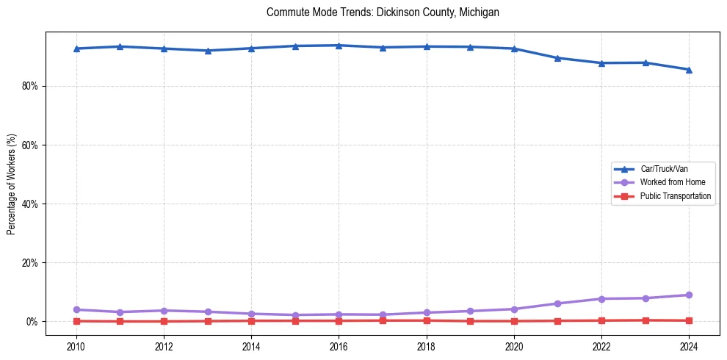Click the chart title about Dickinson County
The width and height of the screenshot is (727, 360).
coord(383,12)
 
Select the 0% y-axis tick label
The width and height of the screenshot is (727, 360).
coord(32,321)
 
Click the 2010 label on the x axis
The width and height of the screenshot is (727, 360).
coord(76,346)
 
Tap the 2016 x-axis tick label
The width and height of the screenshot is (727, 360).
coord(339,346)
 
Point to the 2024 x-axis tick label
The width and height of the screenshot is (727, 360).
coord(689,346)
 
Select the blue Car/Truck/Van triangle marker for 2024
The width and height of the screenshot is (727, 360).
coord(689,70)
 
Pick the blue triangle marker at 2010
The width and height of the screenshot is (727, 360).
coord(76,48)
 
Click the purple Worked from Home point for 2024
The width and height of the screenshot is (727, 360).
coord(689,295)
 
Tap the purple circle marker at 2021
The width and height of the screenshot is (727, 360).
coord(557,303)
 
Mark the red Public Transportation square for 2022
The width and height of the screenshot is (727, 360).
coord(601,320)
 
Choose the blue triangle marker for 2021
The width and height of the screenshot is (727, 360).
coord(557,58)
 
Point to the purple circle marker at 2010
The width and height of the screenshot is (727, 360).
coord(76,309)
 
